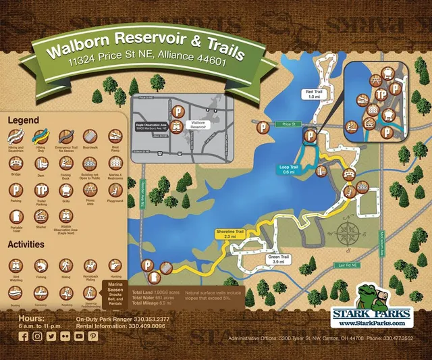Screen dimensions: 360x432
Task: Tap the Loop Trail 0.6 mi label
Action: click(x=288, y=170)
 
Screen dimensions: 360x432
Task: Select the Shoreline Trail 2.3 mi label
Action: click(x=230, y=234)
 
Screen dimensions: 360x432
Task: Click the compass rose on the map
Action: click(x=349, y=234)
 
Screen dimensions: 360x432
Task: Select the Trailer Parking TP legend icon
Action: click(x=41, y=191)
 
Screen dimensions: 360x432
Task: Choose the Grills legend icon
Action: click(x=65, y=191)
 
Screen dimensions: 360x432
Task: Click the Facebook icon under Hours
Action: click(x=24, y=336)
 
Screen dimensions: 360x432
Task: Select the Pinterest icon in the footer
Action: click(x=93, y=336)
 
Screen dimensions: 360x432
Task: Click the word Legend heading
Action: click(x=23, y=120)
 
